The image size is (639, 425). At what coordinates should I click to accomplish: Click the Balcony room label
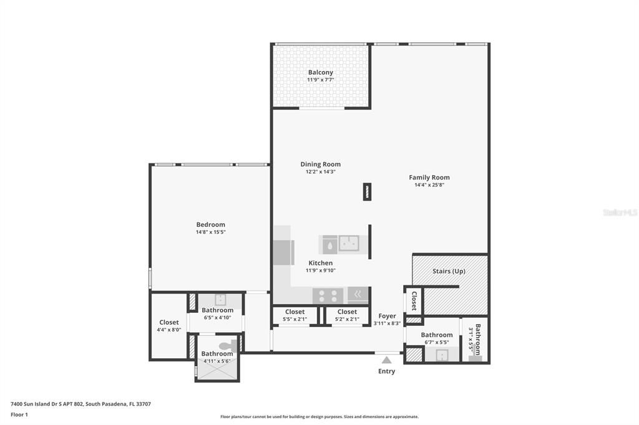(x=320, y=72)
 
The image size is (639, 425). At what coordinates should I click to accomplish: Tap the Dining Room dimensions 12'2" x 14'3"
(x=320, y=172)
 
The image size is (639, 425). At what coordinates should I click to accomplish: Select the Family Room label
(x=429, y=177)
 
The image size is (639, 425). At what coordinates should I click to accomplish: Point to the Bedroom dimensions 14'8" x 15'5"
(x=210, y=232)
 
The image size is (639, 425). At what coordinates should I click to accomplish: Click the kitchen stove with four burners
(x=328, y=295)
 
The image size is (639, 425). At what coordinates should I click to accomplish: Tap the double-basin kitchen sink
(x=348, y=243)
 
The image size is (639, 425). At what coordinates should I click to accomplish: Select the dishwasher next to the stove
(x=358, y=295)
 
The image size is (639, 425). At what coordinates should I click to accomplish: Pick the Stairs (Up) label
(x=449, y=271)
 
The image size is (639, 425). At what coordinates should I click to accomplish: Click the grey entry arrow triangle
(x=387, y=360)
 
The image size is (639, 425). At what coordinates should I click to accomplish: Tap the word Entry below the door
(x=386, y=371)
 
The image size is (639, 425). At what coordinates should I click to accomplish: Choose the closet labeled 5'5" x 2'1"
(x=295, y=315)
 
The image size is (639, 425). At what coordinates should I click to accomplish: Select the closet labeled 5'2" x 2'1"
(x=347, y=315)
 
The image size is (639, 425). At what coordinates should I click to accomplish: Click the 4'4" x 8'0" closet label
(x=168, y=326)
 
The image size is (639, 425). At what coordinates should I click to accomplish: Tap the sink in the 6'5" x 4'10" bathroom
(x=220, y=299)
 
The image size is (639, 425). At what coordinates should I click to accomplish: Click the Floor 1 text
(x=19, y=414)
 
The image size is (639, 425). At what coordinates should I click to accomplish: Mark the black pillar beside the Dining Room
(x=367, y=191)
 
